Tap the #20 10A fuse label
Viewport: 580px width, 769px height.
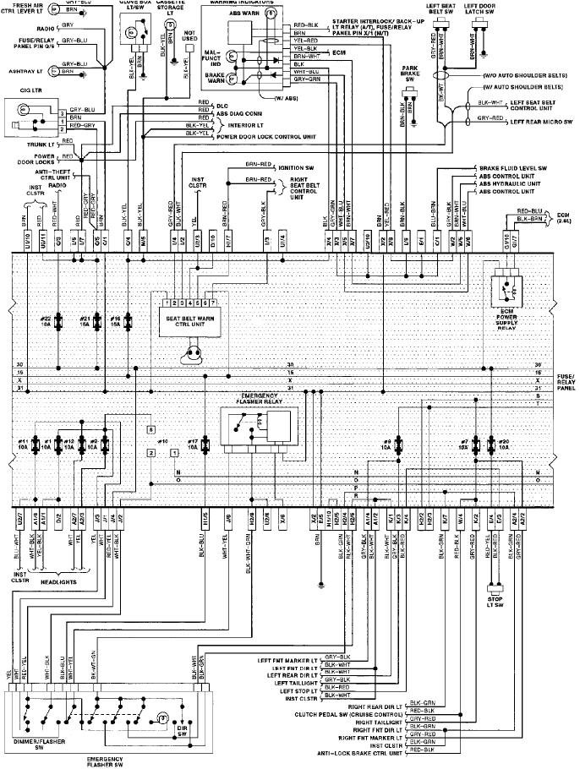pos(503,444)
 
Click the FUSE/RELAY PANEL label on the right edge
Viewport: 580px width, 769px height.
pos(566,379)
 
